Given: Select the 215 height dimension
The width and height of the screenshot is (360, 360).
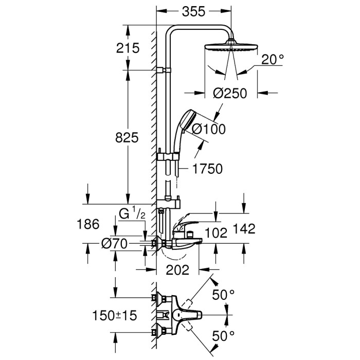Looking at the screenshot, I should (129, 48).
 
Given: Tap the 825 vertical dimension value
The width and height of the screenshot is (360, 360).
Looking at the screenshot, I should (128, 137).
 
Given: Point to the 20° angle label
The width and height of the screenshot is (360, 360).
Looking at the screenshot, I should (272, 60).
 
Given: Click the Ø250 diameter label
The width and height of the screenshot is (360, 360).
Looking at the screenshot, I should (230, 93).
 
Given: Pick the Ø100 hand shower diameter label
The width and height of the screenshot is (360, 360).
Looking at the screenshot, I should (209, 130).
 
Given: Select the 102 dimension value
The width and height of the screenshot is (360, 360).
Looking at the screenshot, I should (216, 232).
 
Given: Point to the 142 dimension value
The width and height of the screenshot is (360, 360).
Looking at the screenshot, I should (244, 229).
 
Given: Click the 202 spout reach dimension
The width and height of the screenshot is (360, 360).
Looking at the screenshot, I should (178, 268).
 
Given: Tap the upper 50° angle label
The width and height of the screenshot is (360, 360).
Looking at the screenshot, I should (224, 295).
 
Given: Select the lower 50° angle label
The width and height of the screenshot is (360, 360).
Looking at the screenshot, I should (224, 336).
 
